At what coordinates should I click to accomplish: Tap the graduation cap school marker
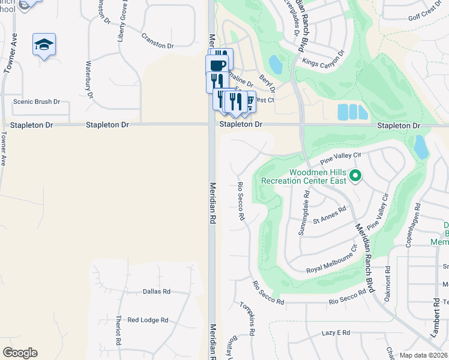pos(44,44)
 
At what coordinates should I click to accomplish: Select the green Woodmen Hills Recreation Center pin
pos(355,176)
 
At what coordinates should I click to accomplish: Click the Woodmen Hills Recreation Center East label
pos(318,176)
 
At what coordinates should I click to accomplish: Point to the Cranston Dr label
pos(157,46)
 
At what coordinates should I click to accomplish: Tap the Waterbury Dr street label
pos(89,79)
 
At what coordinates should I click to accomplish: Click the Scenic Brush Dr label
pos(37,102)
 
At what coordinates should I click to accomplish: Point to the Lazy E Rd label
pos(336,332)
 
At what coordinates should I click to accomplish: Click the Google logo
pos(20,353)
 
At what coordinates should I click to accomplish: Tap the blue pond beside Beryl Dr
pos(276,64)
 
